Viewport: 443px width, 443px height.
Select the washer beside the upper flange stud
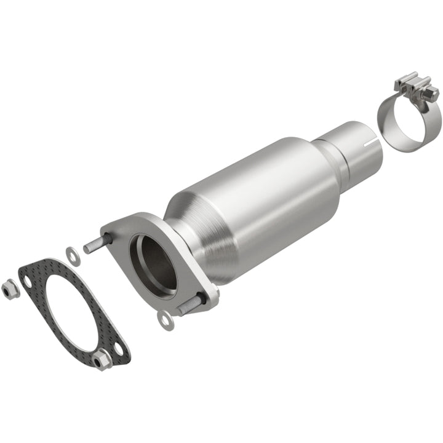click(x=70, y=252)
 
